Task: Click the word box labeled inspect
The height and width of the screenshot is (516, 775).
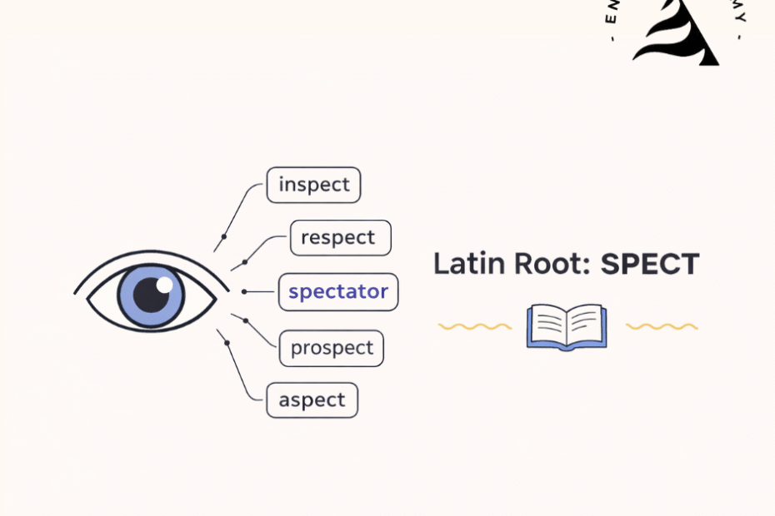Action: (x=313, y=185)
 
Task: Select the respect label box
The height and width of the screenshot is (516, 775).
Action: (x=340, y=238)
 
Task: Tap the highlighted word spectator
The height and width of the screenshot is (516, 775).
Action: (x=337, y=292)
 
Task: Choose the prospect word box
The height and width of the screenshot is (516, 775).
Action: (x=331, y=349)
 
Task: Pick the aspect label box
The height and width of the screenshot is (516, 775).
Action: (x=312, y=400)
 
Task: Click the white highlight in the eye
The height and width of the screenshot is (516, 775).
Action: (x=164, y=285)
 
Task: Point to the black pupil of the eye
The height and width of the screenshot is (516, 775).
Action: (x=150, y=295)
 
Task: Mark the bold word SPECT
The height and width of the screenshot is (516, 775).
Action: (x=650, y=265)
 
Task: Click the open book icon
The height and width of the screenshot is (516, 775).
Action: (x=567, y=326)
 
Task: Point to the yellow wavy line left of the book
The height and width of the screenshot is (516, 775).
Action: (x=474, y=326)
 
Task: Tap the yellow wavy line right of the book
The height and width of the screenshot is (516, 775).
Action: (x=662, y=326)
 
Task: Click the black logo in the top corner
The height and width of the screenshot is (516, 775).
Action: (x=677, y=33)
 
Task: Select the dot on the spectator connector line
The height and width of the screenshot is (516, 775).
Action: (x=244, y=291)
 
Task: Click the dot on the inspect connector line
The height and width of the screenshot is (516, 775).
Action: (x=223, y=237)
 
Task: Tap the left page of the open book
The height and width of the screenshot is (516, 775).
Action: (x=548, y=325)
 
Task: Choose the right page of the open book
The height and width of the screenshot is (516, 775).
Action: (x=585, y=325)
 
